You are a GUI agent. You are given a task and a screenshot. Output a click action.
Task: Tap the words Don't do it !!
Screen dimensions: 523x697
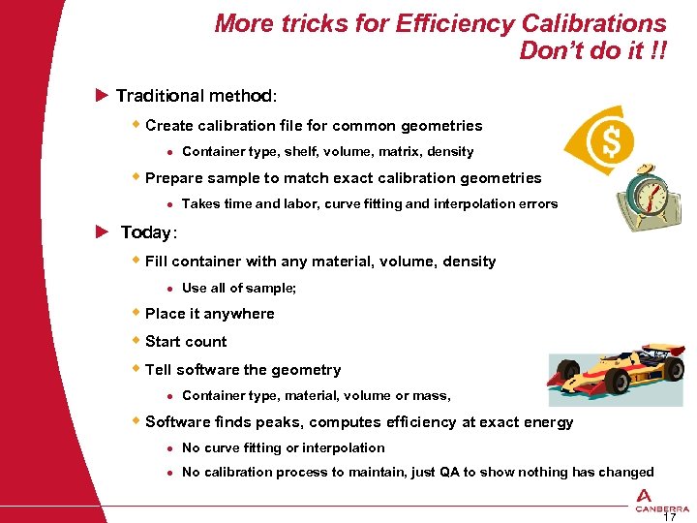[x=592, y=50]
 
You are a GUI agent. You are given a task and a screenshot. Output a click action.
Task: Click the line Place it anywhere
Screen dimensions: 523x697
[x=209, y=314]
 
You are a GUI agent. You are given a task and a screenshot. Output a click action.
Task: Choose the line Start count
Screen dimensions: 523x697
[x=186, y=342]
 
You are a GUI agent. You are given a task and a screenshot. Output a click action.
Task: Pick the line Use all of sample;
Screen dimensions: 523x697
[x=239, y=288]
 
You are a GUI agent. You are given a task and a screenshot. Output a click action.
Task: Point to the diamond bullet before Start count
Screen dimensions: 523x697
[x=136, y=341]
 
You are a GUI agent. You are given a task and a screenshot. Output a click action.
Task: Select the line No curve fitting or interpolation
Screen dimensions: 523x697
[x=283, y=447]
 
